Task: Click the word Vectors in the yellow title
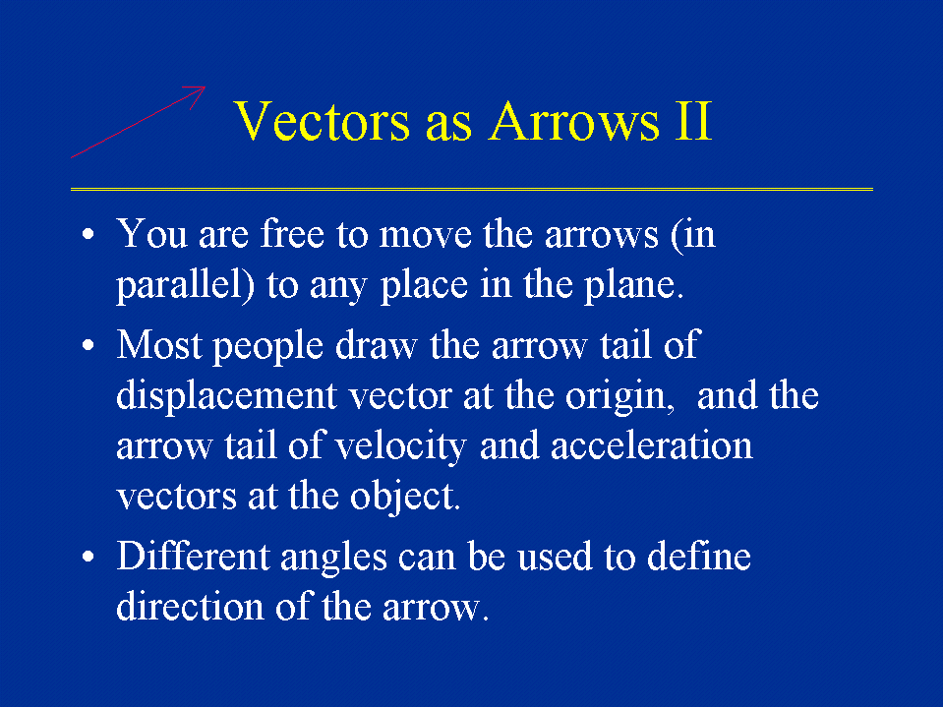(x=322, y=122)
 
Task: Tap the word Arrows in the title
(x=574, y=122)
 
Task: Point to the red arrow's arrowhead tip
(x=205, y=88)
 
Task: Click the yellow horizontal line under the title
(x=472, y=190)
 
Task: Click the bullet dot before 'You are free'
(x=88, y=234)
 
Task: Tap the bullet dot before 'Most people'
(x=88, y=346)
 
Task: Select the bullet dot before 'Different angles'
(x=88, y=557)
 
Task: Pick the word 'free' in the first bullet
(x=293, y=233)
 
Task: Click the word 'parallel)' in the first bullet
(x=186, y=285)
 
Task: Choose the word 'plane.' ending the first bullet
(x=634, y=285)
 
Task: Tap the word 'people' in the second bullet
(x=268, y=346)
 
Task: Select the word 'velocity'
(x=400, y=447)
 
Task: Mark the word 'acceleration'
(x=651, y=446)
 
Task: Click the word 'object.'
(x=405, y=498)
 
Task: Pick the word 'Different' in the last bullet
(x=193, y=556)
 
